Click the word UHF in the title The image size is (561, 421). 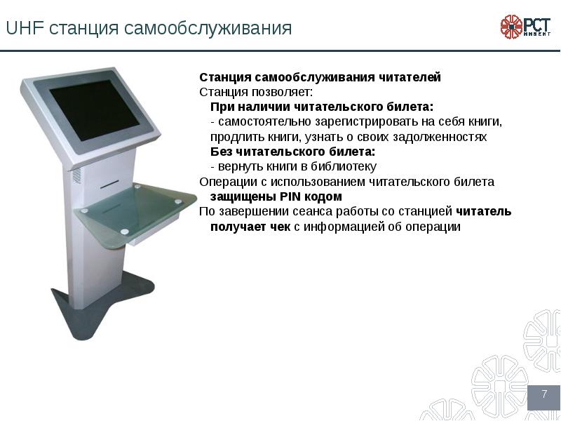click(x=21, y=29)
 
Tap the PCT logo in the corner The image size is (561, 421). click(x=525, y=26)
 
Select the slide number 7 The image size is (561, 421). click(x=543, y=396)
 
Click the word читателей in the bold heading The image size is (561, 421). click(x=415, y=77)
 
